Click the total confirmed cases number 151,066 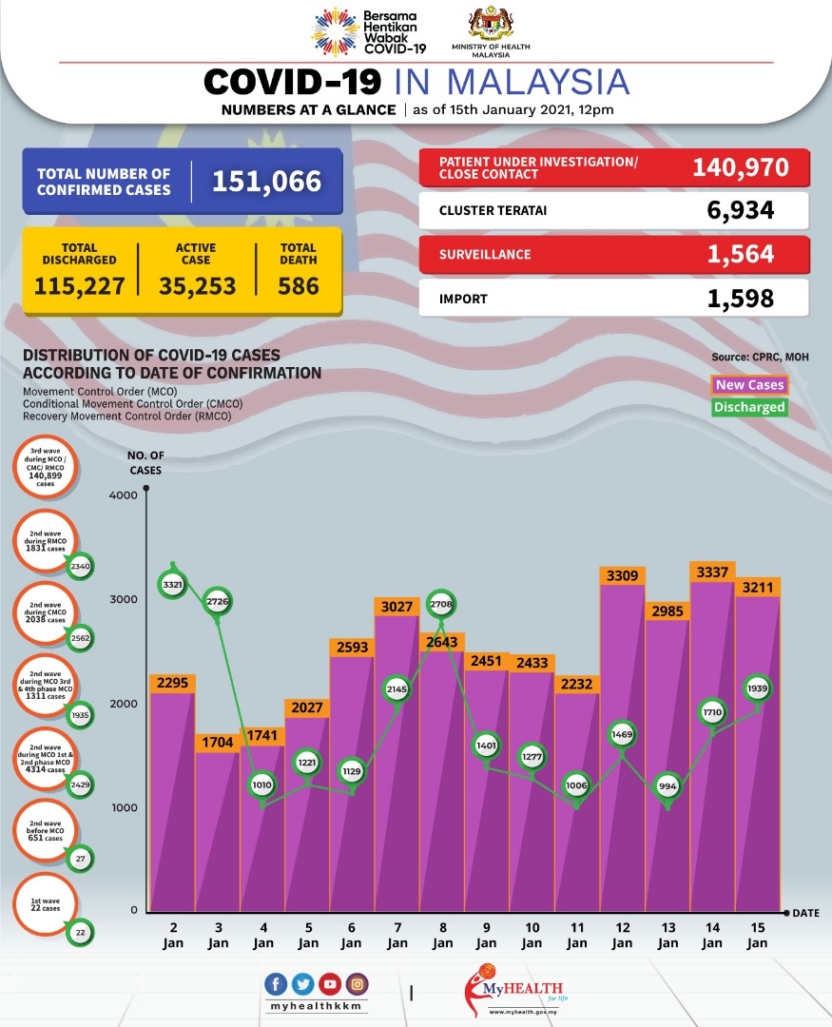pyautogui.click(x=266, y=181)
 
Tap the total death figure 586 pyautogui.click(x=299, y=285)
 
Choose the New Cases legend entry pyautogui.click(x=750, y=385)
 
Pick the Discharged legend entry pyautogui.click(x=750, y=407)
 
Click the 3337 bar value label pyautogui.click(x=713, y=571)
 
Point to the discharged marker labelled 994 pyautogui.click(x=668, y=786)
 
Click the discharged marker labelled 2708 pyautogui.click(x=441, y=604)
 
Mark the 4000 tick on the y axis pyautogui.click(x=124, y=495)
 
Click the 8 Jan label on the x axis pyautogui.click(x=442, y=936)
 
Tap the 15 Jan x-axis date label pyautogui.click(x=758, y=936)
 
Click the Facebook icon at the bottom pyautogui.click(x=277, y=984)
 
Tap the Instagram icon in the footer pyautogui.click(x=358, y=984)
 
